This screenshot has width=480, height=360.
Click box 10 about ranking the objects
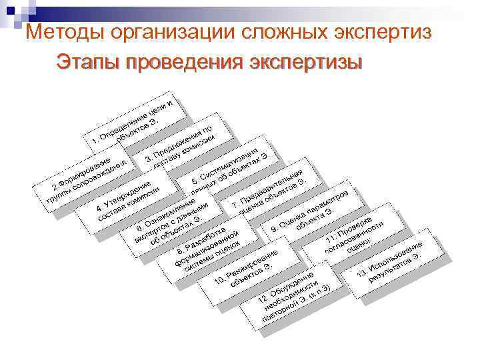click(x=246, y=271)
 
